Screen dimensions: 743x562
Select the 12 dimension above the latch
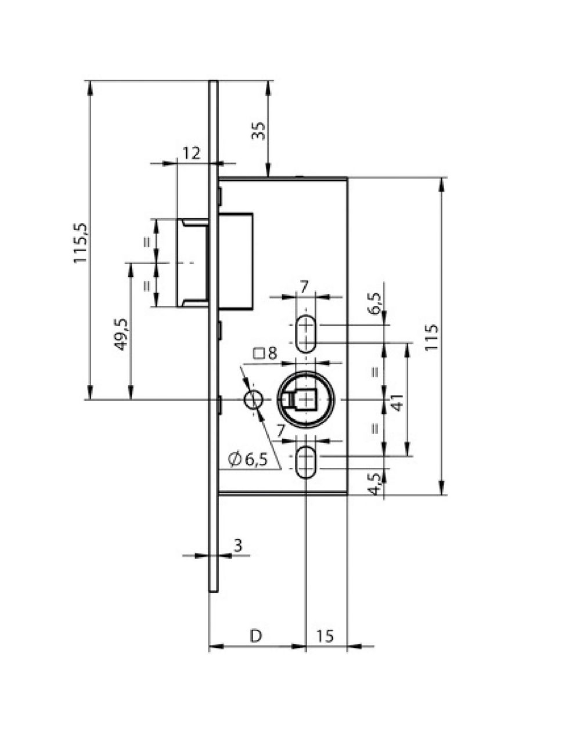(191, 153)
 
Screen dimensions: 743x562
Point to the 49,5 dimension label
(121, 334)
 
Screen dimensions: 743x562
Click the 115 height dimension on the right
(431, 337)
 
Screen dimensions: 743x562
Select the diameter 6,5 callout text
(248, 459)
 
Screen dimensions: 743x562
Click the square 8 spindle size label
(266, 354)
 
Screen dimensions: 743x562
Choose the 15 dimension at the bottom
(326, 636)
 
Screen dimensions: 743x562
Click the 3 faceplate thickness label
(237, 545)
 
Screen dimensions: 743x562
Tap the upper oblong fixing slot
(305, 334)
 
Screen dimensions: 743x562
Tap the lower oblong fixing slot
(305, 463)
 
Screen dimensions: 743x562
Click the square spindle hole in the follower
(305, 400)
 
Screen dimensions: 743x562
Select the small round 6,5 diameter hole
(253, 400)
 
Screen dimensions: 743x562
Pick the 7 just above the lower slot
(280, 430)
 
